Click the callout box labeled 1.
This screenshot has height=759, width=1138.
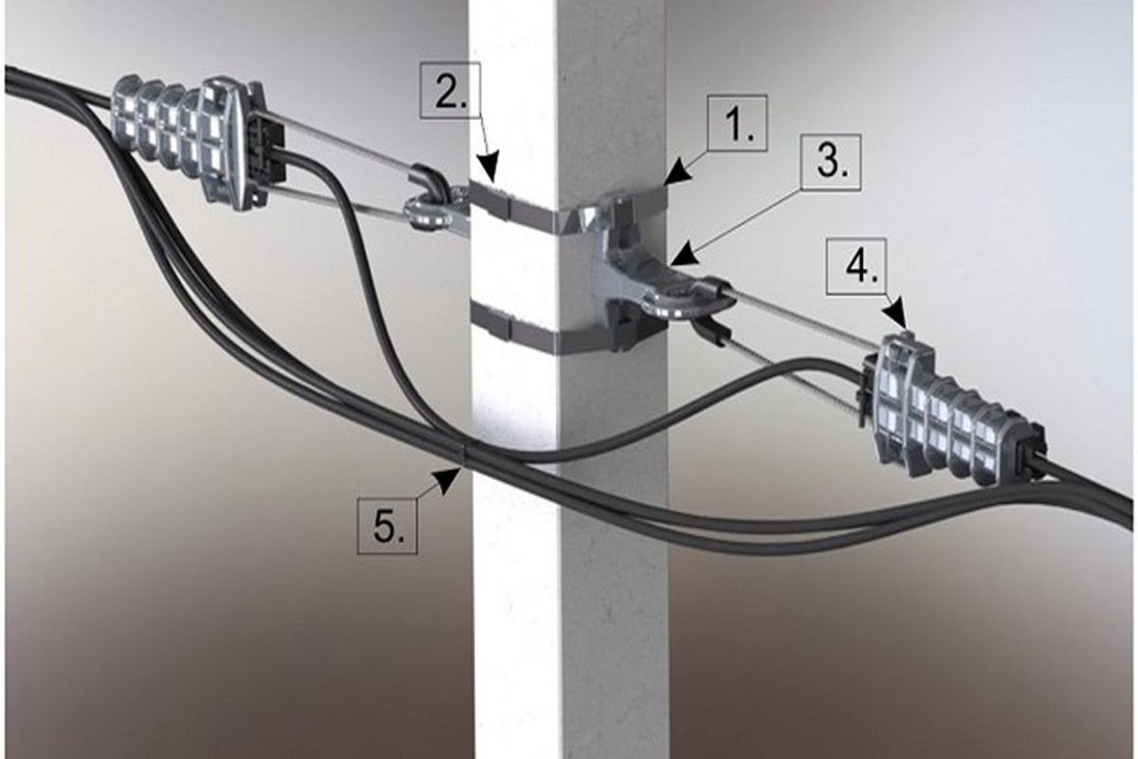pos(738,123)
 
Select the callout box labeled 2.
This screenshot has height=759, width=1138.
pos(450,90)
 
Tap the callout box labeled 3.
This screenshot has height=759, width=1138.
pos(831,162)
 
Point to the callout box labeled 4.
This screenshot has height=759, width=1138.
pos(856,266)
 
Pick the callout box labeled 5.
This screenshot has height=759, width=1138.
pos(389,526)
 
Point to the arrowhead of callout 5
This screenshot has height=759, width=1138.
pos(450,479)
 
